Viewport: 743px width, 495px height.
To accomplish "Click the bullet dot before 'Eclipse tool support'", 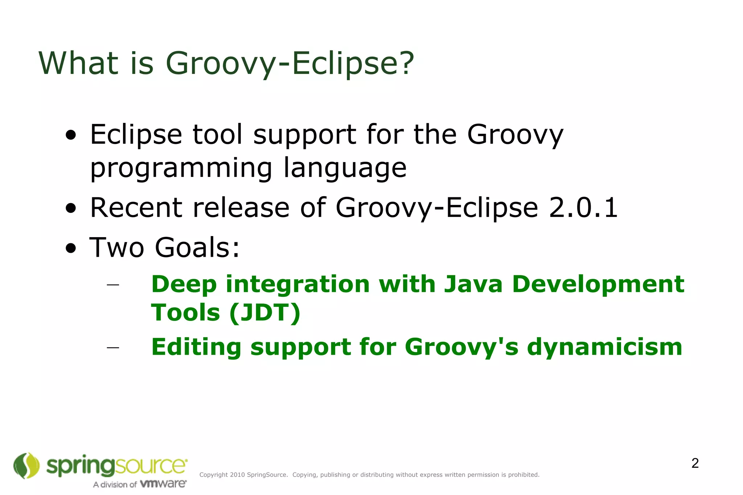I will (71, 135).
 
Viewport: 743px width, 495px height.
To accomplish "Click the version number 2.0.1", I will (583, 207).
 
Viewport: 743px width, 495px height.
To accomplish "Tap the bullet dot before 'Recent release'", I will (71, 208).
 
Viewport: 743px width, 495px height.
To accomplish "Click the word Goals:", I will (197, 247).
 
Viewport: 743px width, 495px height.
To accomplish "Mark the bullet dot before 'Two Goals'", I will (71, 248).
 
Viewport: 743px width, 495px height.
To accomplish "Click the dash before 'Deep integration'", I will (113, 285).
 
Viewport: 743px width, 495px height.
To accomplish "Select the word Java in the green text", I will (473, 284).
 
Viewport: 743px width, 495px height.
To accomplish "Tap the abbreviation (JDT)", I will (265, 313).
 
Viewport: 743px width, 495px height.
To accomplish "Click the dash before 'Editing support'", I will (113, 347).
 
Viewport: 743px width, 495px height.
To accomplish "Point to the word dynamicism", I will (604, 347).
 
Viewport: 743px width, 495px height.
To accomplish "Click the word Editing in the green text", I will (196, 347).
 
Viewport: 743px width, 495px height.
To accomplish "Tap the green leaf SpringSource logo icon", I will (26, 465).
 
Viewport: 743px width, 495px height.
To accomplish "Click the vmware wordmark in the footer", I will (163, 484).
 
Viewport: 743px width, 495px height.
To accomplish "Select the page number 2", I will (695, 463).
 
